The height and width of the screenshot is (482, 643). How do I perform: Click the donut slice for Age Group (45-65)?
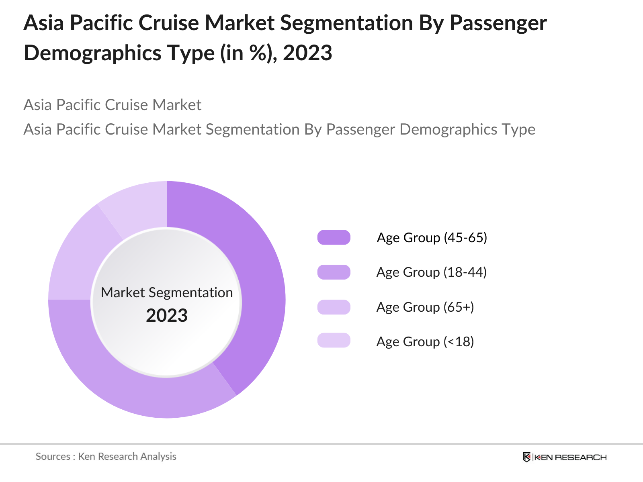coord(257,281)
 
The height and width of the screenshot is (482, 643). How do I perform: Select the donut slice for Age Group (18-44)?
coord(133,386)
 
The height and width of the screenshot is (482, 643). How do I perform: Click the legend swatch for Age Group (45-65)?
coord(334,237)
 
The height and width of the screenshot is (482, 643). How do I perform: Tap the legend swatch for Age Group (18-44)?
coord(334,272)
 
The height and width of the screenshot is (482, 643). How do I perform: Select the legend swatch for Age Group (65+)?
coord(334,307)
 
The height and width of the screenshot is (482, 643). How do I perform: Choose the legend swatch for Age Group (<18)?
coord(334,340)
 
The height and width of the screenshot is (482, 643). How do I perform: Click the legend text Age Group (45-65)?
coord(432,237)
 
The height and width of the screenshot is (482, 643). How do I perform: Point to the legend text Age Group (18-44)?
coord(432,272)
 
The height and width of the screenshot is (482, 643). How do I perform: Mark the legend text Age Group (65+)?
coord(425,307)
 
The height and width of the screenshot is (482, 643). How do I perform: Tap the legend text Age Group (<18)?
coord(425,342)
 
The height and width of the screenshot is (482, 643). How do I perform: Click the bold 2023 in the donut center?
coord(167,316)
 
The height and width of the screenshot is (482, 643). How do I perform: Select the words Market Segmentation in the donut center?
coord(167,292)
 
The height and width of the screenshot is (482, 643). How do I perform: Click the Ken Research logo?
coord(564,457)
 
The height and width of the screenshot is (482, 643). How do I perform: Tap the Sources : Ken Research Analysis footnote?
coord(106,456)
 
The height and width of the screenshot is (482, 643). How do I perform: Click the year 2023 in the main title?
coord(307,53)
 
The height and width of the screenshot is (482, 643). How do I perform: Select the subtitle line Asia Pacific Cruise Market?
coord(112,105)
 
